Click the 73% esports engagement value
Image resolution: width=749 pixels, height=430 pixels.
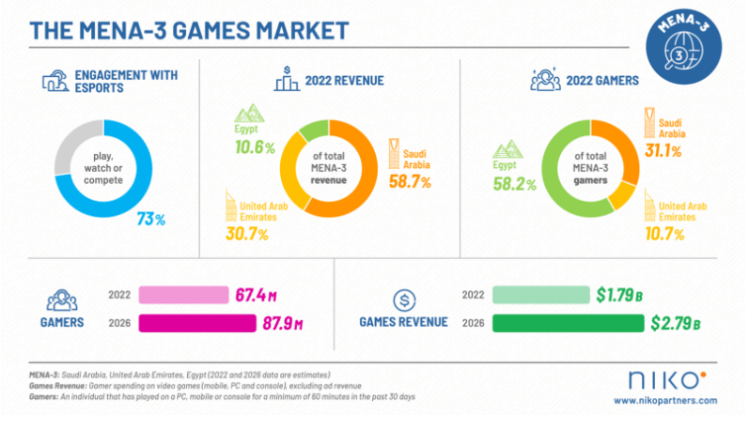pos(151,220)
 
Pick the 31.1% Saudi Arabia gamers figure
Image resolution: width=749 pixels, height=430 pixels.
pos(663,146)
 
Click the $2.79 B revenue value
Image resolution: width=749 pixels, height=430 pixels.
pos(675,324)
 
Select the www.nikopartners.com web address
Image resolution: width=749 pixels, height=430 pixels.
pos(667,401)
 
